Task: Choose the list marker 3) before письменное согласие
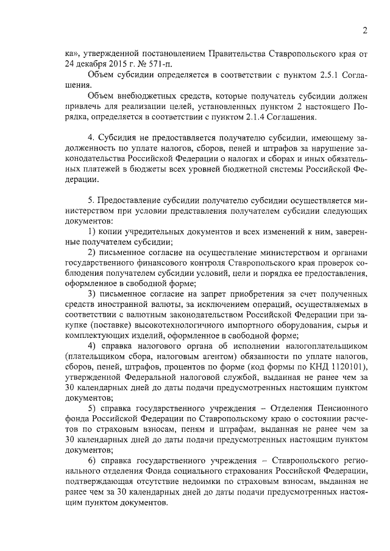(93, 293)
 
